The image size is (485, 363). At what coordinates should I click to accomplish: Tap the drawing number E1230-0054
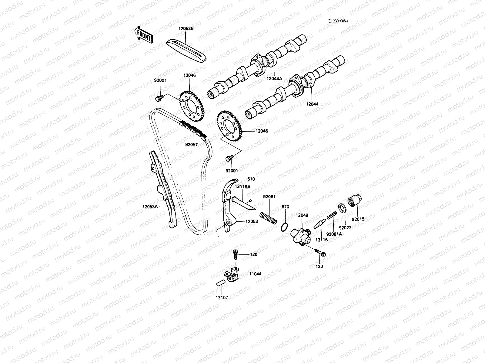(x=338, y=21)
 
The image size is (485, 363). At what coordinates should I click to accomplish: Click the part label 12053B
(x=186, y=29)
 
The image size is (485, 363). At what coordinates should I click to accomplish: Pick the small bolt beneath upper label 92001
(x=158, y=98)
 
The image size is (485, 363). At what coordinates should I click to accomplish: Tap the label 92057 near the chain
(x=191, y=145)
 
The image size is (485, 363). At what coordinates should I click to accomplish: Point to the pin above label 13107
(x=220, y=283)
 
